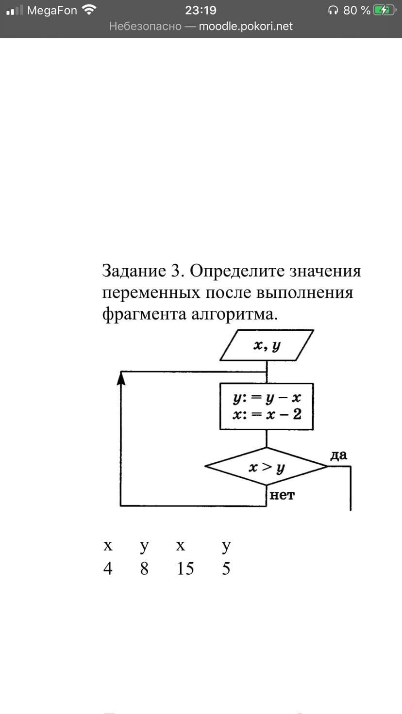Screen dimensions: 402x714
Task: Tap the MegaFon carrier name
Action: click(52, 10)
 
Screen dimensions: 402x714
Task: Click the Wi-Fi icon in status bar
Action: click(89, 10)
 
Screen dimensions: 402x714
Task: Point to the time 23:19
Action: click(201, 10)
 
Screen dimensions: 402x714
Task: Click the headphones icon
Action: click(334, 10)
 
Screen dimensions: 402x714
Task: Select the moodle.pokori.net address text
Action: click(246, 26)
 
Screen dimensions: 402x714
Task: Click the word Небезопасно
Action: click(145, 26)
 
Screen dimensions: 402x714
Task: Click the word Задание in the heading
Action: click(134, 271)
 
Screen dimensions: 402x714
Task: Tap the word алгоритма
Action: click(235, 314)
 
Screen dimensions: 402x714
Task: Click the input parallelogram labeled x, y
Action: click(267, 345)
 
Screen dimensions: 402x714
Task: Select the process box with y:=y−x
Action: click(267, 406)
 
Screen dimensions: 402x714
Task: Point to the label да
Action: click(338, 455)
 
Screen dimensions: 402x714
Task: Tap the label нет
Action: click(282, 495)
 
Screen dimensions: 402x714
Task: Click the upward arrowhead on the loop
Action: click(121, 377)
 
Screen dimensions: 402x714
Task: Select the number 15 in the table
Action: click(185, 568)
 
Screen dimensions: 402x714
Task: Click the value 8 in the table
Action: click(144, 568)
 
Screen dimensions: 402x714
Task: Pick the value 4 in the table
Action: click(108, 568)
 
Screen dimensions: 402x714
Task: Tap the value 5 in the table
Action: click(226, 568)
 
